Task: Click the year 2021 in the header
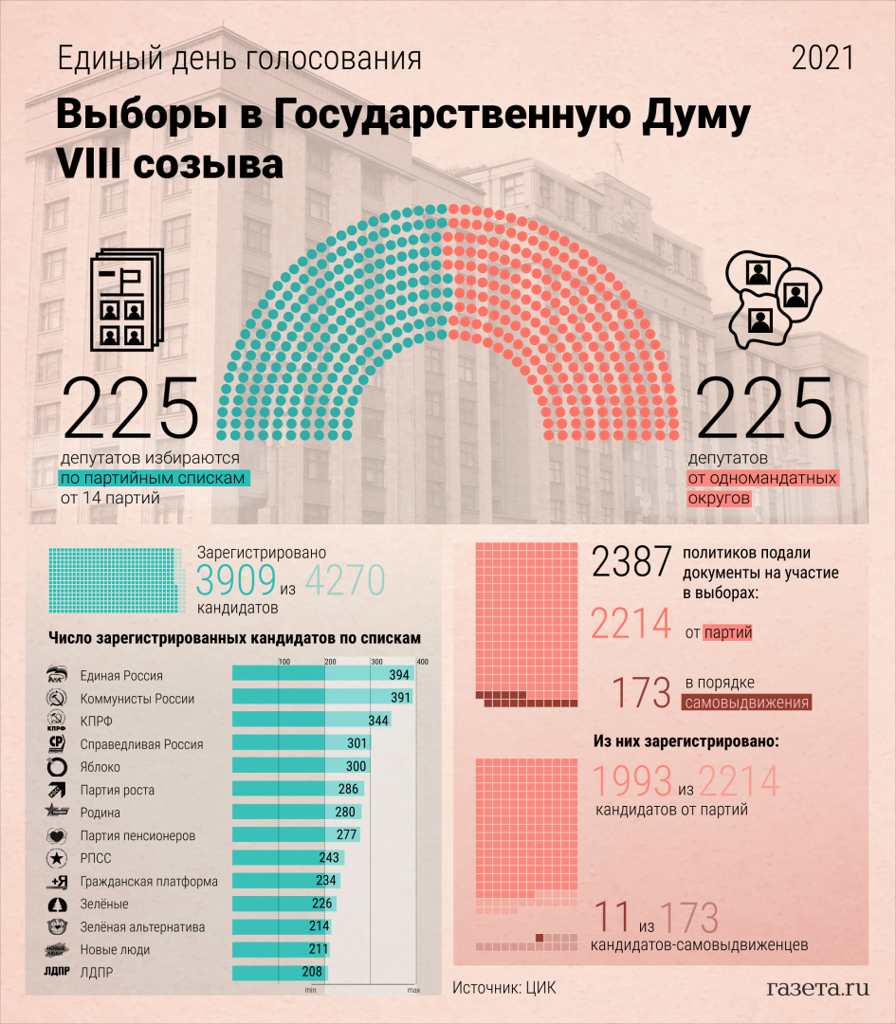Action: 822,59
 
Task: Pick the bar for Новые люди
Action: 280,949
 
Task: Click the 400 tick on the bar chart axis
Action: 422,661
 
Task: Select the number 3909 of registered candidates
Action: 235,580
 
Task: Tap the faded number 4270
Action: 345,580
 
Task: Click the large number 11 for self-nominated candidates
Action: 613,918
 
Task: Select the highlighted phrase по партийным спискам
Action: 154,478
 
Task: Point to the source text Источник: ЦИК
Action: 503,988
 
